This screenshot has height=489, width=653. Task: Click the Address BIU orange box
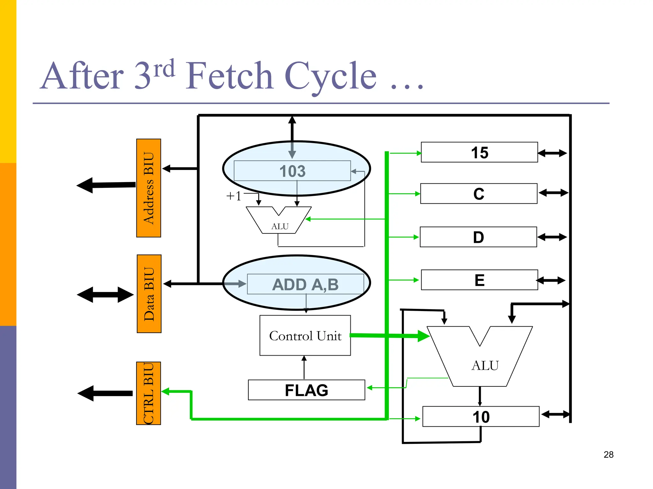click(149, 188)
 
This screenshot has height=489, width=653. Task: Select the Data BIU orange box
click(149, 294)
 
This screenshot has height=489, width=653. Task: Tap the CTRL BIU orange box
click(149, 393)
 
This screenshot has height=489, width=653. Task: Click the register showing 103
click(292, 171)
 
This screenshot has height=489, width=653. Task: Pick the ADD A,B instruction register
click(305, 284)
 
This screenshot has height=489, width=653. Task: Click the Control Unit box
click(305, 336)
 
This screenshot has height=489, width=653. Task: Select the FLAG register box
click(306, 390)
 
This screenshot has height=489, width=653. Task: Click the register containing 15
click(479, 152)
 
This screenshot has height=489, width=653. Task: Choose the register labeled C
click(479, 194)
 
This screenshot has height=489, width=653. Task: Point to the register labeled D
click(478, 237)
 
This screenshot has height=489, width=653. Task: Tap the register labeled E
click(479, 280)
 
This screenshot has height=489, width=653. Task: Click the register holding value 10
click(481, 417)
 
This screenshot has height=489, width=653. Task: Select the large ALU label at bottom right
click(485, 365)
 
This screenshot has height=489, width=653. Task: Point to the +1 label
click(234, 196)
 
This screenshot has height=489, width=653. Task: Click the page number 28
click(608, 455)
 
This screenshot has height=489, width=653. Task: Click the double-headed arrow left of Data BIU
click(105, 295)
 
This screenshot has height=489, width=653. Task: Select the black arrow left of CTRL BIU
click(105, 393)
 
